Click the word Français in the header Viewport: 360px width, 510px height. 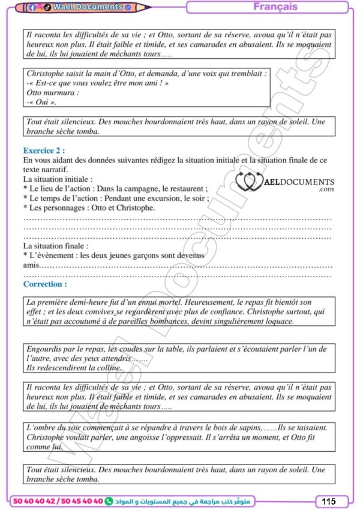click(x=275, y=7)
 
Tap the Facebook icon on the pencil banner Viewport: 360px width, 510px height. click(x=32, y=8)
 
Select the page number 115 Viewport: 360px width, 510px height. click(x=329, y=501)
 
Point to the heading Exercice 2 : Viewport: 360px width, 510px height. click(x=44, y=151)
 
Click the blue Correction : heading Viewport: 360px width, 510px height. click(x=45, y=284)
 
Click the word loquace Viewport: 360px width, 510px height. click(x=278, y=321)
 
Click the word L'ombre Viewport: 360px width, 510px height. click(x=42, y=428)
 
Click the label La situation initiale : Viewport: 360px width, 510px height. click(x=58, y=179)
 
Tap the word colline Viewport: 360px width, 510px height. click(x=109, y=367)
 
